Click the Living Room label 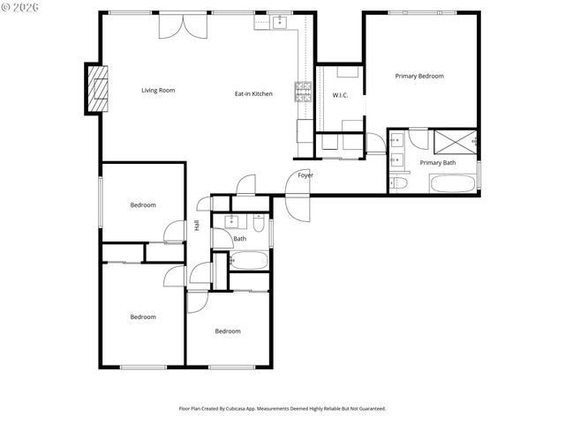[159, 90]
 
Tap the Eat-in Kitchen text [253, 93]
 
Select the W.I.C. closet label [341, 94]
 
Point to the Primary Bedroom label [418, 76]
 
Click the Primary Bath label [438, 162]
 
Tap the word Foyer [305, 174]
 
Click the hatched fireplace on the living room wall [95, 88]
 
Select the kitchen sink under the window [280, 22]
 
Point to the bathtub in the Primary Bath [453, 183]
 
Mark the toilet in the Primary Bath [399, 183]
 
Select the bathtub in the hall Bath [248, 261]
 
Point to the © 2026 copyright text [21, 7]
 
